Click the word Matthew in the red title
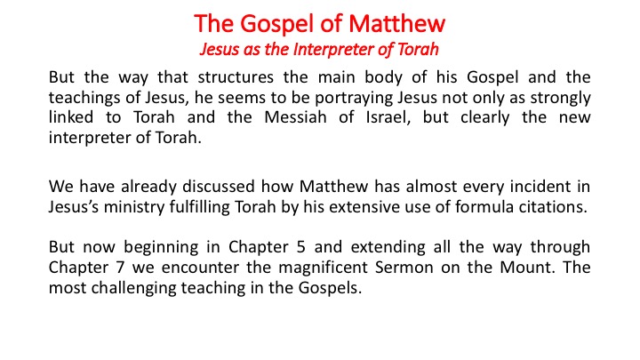point(396,23)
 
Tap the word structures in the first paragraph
point(236,77)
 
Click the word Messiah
point(295,117)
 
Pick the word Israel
point(388,117)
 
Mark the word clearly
point(485,118)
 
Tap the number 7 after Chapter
point(120,268)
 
